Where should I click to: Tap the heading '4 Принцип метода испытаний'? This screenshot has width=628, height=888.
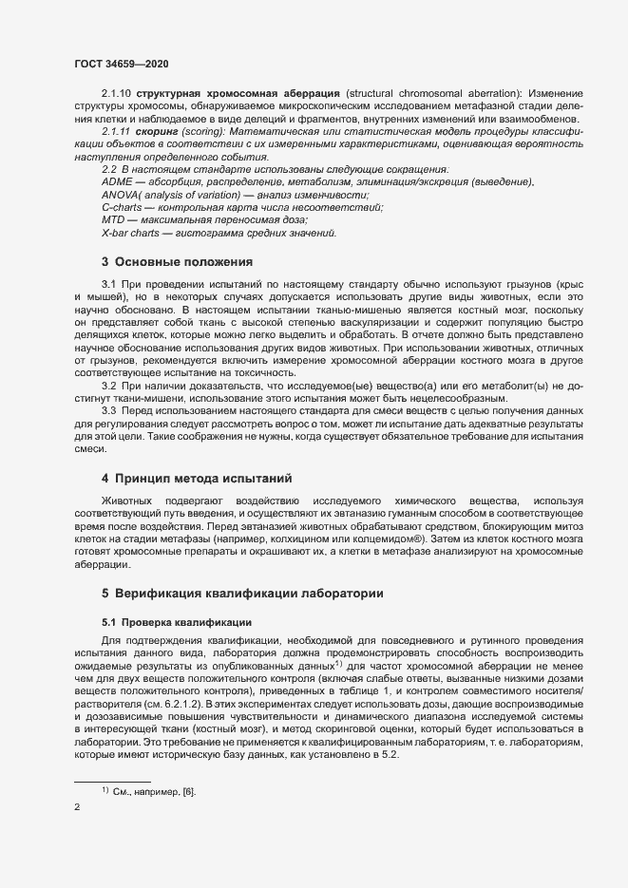pyautogui.click(x=196, y=477)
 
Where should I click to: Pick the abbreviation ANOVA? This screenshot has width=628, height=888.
pyautogui.click(x=121, y=194)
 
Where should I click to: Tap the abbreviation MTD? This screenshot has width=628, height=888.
pyautogui.click(x=114, y=219)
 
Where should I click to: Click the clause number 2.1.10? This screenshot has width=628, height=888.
pyautogui.click(x=116, y=93)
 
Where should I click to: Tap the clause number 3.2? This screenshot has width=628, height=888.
pyautogui.click(x=108, y=384)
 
